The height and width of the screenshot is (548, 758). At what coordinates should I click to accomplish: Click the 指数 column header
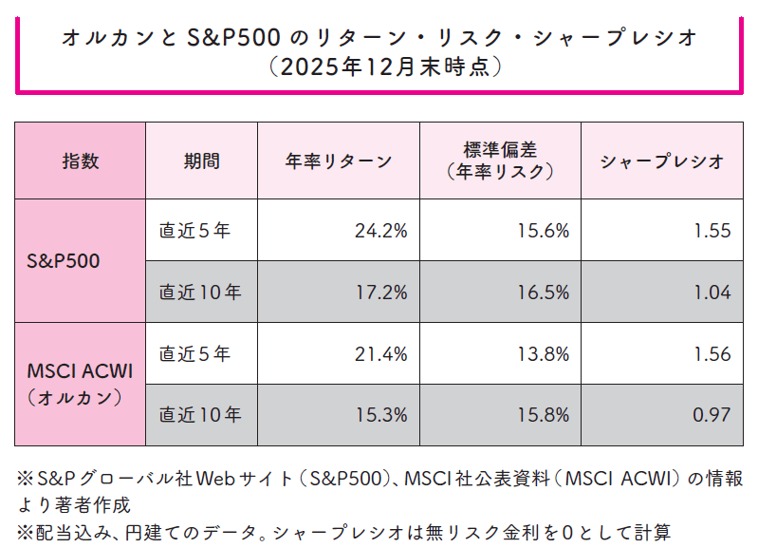81,161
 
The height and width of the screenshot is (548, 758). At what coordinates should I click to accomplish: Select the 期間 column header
201,161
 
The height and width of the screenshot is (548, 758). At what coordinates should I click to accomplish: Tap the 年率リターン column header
339,161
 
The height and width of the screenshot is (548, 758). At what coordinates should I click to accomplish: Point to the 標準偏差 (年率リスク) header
500,161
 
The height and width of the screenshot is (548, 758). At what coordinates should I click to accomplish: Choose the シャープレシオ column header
662,161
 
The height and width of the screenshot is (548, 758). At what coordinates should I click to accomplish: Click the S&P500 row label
81,261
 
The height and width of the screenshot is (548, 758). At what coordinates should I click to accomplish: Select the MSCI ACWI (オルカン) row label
81,384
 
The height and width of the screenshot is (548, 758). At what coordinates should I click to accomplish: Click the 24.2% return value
380,230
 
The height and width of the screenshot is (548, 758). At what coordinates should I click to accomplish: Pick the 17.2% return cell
380,293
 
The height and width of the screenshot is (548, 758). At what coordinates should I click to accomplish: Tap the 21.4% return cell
380,354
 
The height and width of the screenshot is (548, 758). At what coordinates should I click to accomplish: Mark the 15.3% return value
380,415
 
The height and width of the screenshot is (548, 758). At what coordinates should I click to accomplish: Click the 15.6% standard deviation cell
543,230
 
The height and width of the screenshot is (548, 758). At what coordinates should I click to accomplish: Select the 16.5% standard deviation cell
543,293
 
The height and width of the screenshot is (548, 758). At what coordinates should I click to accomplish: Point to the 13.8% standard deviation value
543,354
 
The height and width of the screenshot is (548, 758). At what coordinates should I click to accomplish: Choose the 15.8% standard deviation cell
543,415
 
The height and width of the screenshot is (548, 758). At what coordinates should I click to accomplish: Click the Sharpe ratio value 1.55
712,230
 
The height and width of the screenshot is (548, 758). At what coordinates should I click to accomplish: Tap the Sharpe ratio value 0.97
712,415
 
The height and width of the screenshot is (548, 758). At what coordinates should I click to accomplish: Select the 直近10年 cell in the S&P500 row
200,293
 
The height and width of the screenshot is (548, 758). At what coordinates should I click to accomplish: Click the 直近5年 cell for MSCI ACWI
194,354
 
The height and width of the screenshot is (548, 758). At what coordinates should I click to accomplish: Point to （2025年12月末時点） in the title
379,67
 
